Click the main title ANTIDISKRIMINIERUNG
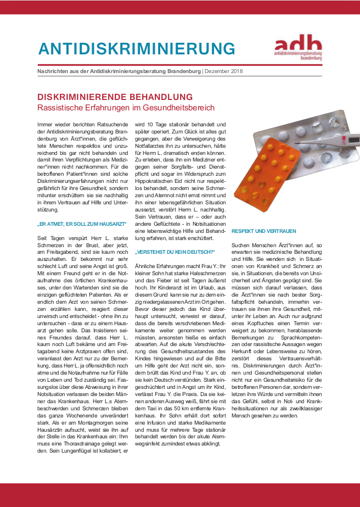click(x=137, y=48)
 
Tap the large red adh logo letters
click(x=298, y=43)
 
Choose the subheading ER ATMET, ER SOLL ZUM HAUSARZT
click(x=82, y=224)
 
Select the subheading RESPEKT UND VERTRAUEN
click(x=257, y=231)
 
